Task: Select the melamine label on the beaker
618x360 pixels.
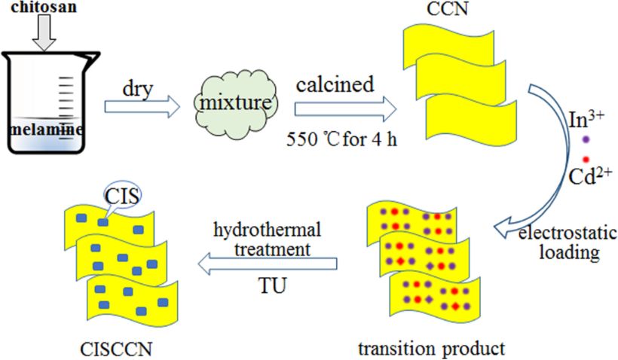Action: (47, 129)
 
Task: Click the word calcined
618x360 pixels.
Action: (335, 83)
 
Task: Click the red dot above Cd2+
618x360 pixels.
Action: (585, 159)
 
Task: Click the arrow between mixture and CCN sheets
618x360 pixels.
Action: (344, 108)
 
